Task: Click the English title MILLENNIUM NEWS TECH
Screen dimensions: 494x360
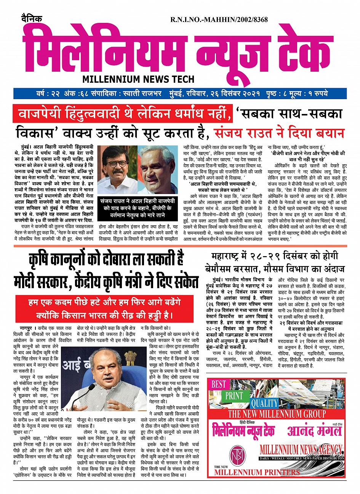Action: click(138, 79)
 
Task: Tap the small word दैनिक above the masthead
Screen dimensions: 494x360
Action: click(32, 19)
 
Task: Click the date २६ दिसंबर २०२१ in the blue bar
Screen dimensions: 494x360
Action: click(236, 93)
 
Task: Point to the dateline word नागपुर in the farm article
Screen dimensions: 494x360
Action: click(27, 328)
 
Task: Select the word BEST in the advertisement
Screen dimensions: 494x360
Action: click(219, 384)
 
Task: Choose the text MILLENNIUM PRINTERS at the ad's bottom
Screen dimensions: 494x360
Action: click(257, 472)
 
